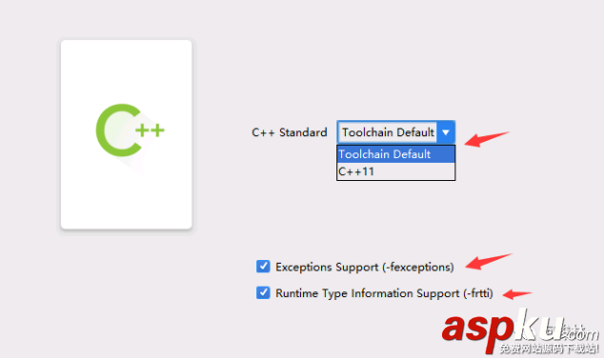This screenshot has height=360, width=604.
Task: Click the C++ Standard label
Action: pos(289,133)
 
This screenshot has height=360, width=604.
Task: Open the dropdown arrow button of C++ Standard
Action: pos(446,132)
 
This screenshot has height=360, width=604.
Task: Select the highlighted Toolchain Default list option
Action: pos(385,154)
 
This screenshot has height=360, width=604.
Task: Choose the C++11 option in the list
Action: pos(356,171)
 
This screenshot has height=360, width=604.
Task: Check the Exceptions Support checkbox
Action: pos(263,267)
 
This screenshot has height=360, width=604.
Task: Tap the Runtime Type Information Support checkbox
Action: pos(263,293)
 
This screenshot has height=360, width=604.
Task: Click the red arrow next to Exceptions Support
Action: pos(489,260)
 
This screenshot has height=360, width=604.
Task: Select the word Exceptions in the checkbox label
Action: pos(306,267)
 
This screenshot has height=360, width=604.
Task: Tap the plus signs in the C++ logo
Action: pos(150,129)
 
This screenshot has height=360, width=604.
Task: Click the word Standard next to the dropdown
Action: pos(303,133)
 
